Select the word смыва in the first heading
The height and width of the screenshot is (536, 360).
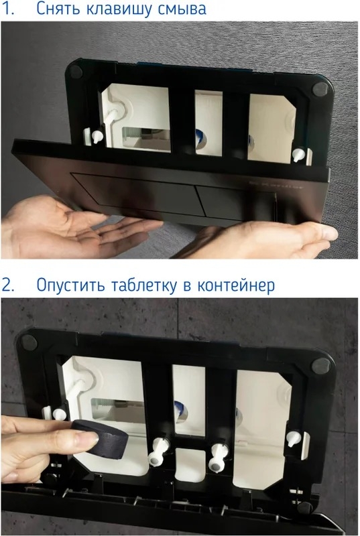click(x=182, y=9)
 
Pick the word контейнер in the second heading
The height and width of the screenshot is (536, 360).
click(x=236, y=285)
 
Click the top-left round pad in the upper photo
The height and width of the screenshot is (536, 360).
click(x=76, y=71)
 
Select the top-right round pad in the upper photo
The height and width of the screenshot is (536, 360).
click(x=320, y=90)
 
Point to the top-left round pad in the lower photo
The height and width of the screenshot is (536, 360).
click(x=29, y=341)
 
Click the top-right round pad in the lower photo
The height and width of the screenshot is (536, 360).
click(x=321, y=366)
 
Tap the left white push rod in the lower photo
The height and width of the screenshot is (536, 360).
click(x=158, y=450)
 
